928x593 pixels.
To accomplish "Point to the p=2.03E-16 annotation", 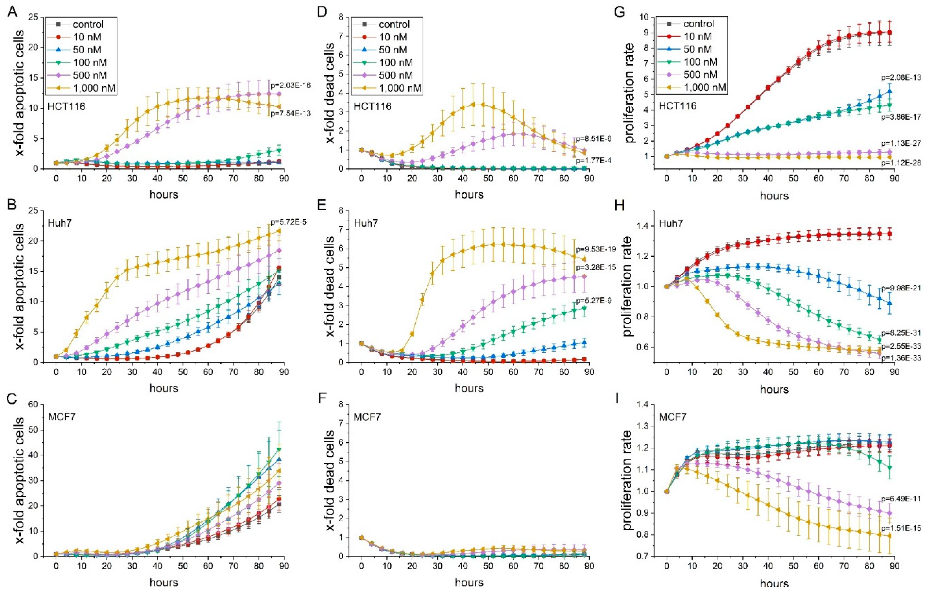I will click(x=287, y=85).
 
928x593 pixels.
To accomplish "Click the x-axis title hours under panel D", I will click(x=469, y=195).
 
